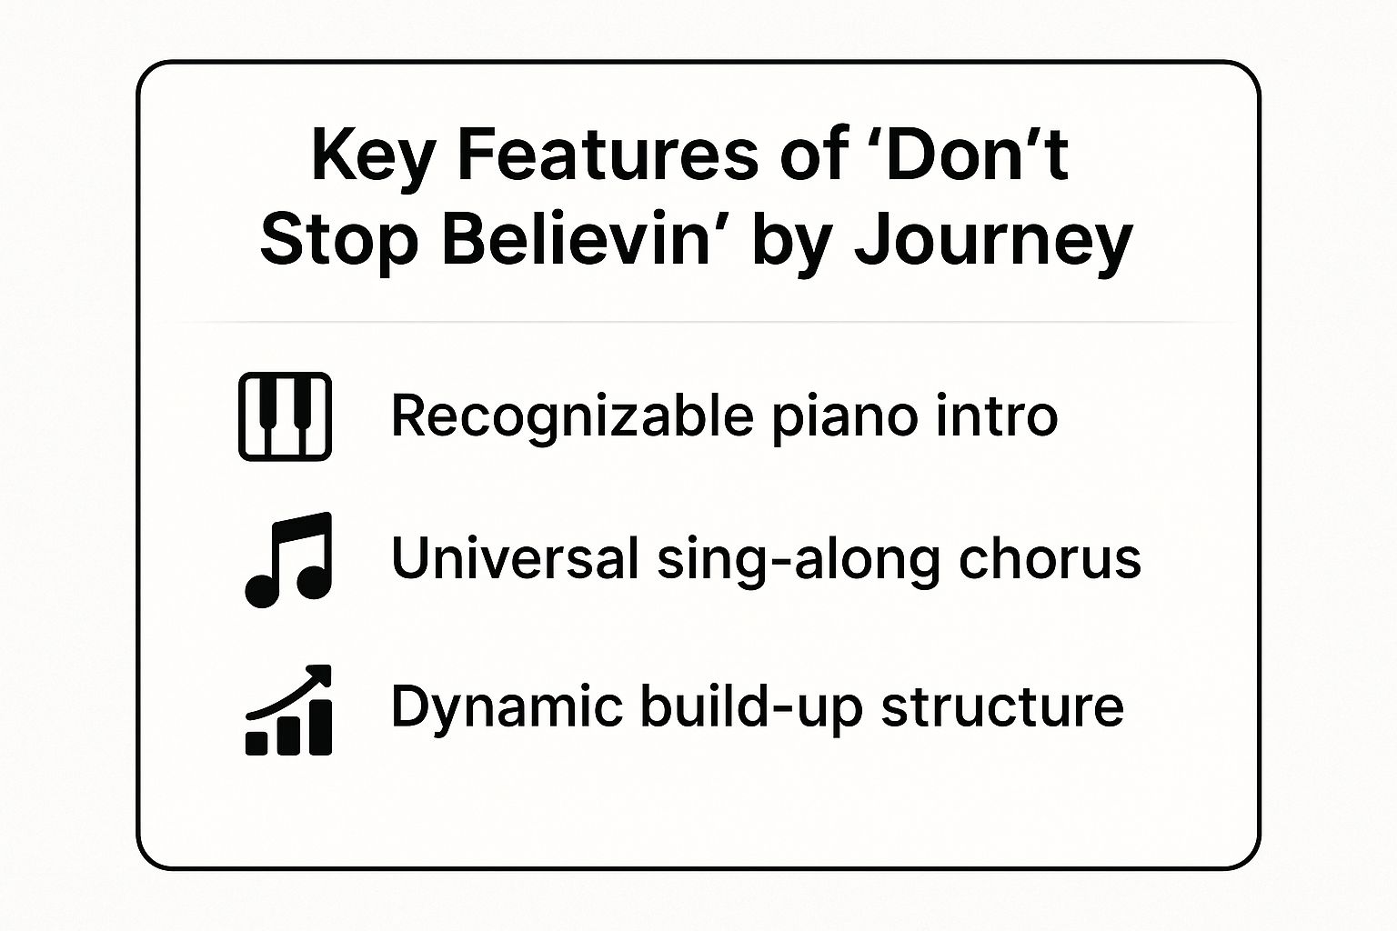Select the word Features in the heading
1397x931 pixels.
click(x=608, y=154)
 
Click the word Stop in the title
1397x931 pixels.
click(x=339, y=243)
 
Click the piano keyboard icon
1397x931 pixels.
click(x=285, y=416)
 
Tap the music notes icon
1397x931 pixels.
click(x=288, y=559)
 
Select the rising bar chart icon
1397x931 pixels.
click(x=288, y=710)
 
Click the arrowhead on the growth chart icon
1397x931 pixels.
click(x=321, y=674)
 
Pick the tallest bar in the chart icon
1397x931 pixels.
click(x=320, y=727)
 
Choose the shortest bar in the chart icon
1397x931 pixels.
click(x=256, y=744)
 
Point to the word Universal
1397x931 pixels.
click(x=515, y=558)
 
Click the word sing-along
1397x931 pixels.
click(x=798, y=559)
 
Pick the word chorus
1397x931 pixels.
click(x=1050, y=558)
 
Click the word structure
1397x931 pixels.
click(x=1002, y=707)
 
